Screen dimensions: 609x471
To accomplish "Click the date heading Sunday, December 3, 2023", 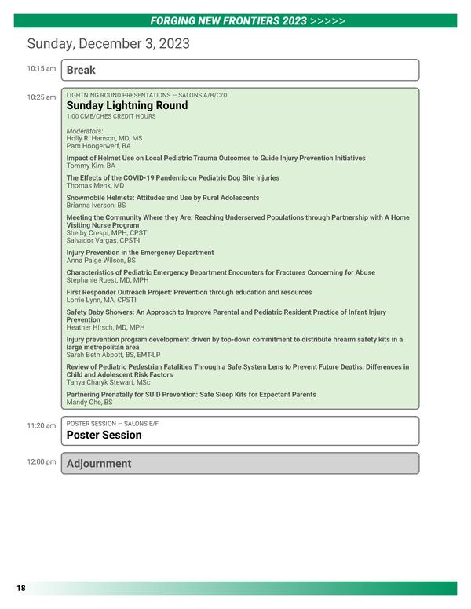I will (x=108, y=44).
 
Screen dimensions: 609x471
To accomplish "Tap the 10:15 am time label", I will (x=42, y=69).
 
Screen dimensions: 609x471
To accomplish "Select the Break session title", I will (x=81, y=70).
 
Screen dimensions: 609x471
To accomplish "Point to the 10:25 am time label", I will (x=42, y=97).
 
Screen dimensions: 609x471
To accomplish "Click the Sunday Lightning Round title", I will (x=127, y=105).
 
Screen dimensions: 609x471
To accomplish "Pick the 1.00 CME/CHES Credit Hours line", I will (x=111, y=116).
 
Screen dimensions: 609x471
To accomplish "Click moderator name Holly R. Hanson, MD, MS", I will (x=104, y=138).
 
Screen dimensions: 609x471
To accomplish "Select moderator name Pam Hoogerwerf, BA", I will (x=98, y=146).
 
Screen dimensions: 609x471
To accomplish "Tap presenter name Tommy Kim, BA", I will (x=90, y=166).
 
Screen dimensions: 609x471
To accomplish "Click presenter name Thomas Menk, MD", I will (x=95, y=186).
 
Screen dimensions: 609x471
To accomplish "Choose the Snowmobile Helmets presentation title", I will (x=162, y=198).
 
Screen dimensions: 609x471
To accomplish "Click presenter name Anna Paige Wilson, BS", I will (x=101, y=261).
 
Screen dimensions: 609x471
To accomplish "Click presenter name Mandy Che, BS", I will (x=89, y=402).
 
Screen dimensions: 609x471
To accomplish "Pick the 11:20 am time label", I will (x=42, y=425).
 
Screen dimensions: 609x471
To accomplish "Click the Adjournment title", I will (x=99, y=464).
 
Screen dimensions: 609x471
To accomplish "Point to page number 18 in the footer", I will (x=21, y=588).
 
